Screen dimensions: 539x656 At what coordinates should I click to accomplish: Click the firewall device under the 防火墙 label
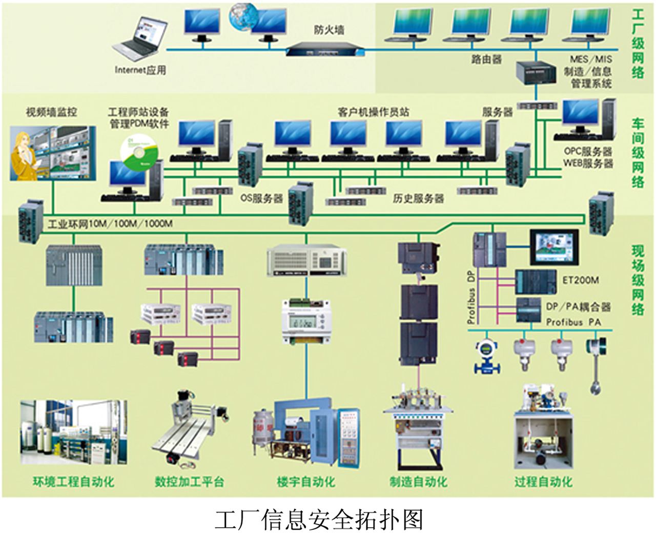tap(324, 50)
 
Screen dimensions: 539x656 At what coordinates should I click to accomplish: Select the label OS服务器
tap(261, 198)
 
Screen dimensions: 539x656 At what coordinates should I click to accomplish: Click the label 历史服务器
tap(418, 198)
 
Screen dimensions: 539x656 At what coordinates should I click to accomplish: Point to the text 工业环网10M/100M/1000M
tap(111, 224)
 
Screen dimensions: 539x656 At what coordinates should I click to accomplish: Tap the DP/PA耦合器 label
tap(578, 306)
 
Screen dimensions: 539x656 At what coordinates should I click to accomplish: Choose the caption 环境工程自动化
tap(73, 482)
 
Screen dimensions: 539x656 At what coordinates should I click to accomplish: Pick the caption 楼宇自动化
tap(306, 482)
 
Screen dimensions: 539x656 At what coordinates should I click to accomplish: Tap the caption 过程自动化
tap(543, 482)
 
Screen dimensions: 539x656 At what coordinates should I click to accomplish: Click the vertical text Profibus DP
tap(471, 297)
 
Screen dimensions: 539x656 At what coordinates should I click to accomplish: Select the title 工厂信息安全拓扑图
tap(318, 520)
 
